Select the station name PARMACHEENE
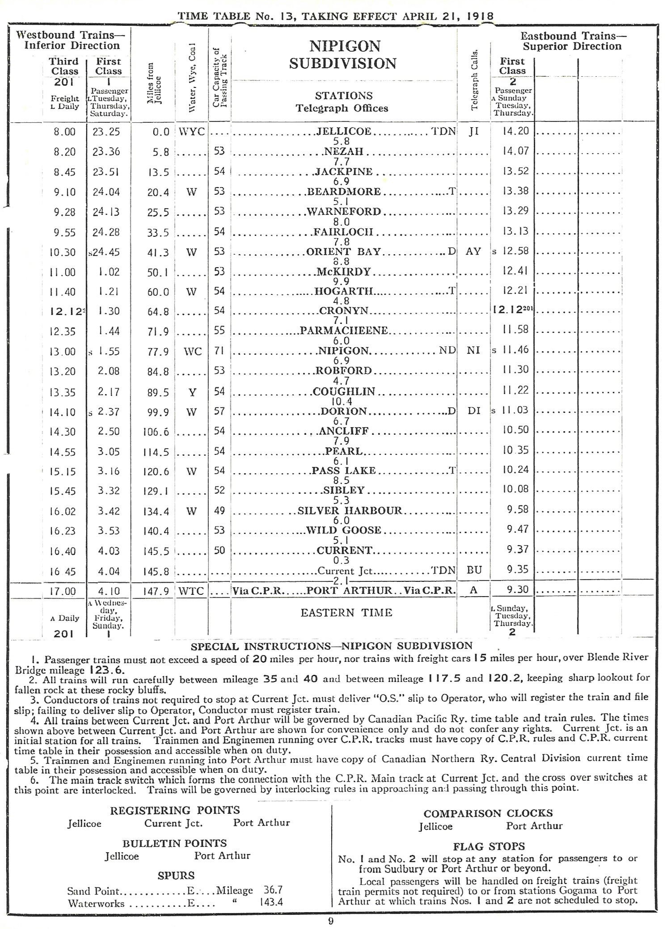(344, 330)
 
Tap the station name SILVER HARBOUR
(350, 510)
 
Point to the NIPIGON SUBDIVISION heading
(343, 54)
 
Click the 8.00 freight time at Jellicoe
(64, 132)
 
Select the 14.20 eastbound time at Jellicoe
(515, 131)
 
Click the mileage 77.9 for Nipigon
(158, 351)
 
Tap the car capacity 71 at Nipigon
(220, 351)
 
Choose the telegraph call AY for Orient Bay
(473, 251)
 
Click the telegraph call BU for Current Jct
(473, 570)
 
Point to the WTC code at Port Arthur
(191, 591)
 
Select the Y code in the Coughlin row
(191, 392)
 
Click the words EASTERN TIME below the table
(346, 613)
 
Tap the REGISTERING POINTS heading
(175, 810)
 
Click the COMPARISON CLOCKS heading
(488, 814)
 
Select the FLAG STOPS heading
(489, 847)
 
